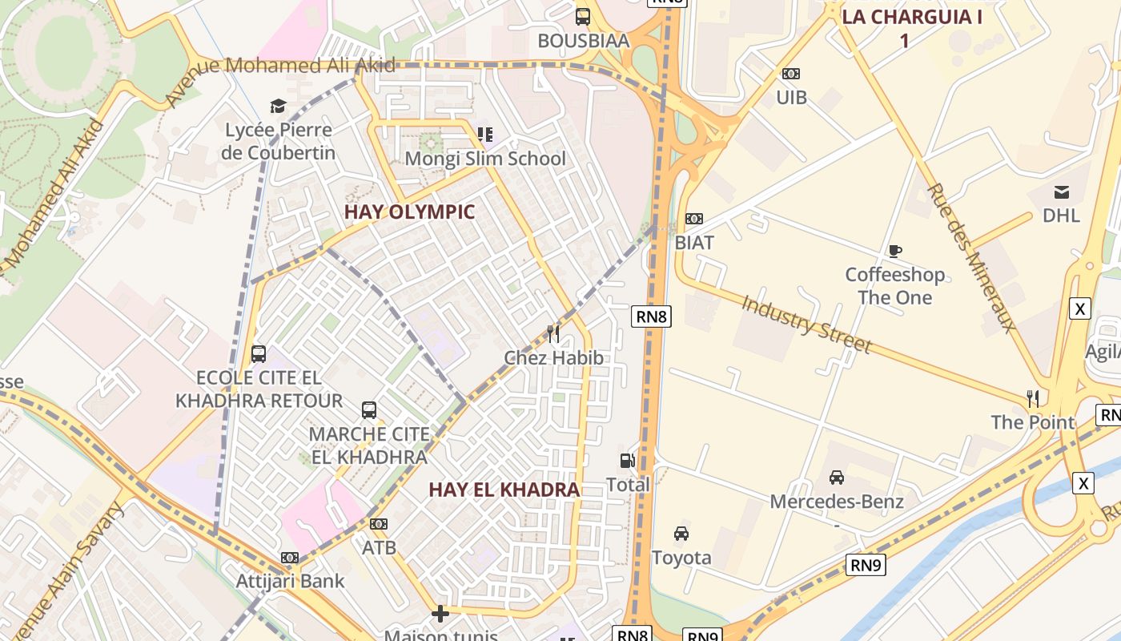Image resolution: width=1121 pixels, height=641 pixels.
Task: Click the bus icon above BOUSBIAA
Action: coord(583,16)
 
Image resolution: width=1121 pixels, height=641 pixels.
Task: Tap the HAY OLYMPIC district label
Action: coord(409,212)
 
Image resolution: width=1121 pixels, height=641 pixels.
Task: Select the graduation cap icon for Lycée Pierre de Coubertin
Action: coord(278,106)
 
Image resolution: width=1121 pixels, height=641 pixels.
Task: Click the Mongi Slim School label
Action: coord(484,159)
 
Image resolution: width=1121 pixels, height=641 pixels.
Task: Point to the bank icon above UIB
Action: coord(790,74)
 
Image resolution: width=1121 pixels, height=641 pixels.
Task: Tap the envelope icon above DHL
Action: coord(1061,191)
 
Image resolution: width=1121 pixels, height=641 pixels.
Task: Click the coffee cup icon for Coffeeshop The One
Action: coord(895,252)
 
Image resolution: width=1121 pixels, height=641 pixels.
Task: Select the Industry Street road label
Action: coord(806,325)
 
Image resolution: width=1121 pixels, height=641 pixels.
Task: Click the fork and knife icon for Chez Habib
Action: coord(553,333)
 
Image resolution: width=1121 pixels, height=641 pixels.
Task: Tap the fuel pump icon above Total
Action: coord(628,461)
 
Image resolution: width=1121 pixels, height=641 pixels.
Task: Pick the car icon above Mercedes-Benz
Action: coord(837,478)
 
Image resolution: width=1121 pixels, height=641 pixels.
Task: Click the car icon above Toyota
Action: coord(681,534)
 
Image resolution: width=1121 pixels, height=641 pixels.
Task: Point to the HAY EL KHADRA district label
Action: coord(504,490)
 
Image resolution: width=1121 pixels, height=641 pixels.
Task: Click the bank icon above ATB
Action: coord(379,524)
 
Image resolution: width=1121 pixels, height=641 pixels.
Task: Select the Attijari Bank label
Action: coord(290,581)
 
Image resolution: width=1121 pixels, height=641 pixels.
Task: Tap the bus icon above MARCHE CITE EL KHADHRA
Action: coord(369,410)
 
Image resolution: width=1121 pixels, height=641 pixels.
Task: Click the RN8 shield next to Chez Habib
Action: coord(651,316)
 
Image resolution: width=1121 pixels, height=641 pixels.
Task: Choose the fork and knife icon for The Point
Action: coord(1033,398)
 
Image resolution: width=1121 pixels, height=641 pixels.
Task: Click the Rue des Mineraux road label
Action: coord(970,256)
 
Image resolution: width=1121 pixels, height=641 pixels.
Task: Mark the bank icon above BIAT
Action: coord(694,219)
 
